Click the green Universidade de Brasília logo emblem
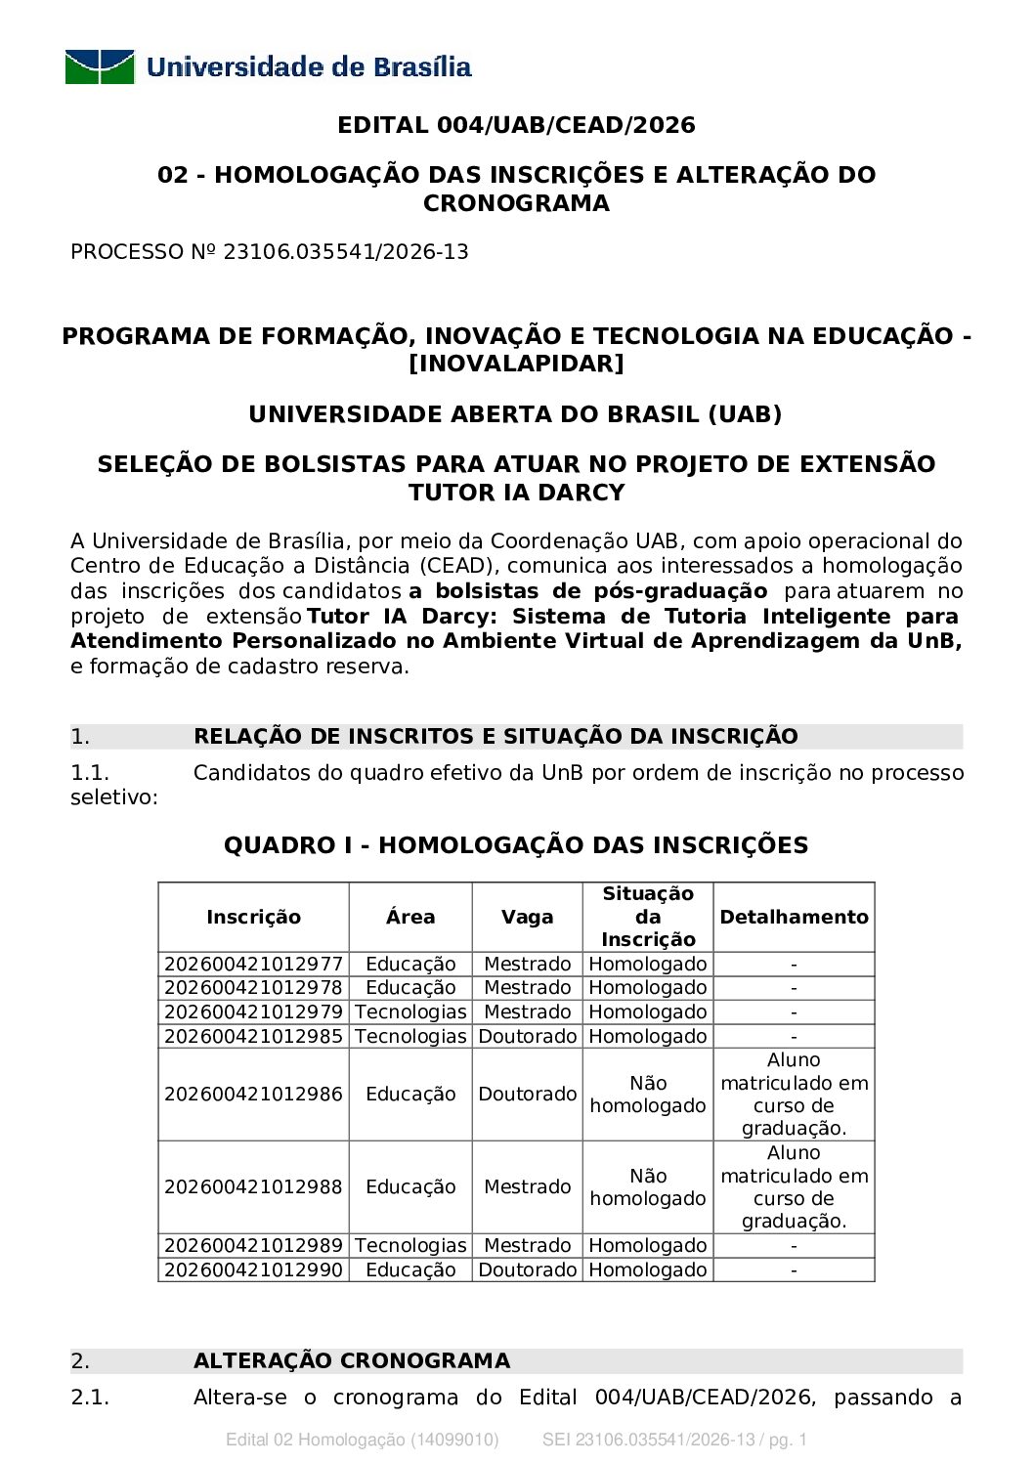tap(100, 66)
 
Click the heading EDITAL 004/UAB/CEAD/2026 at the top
tap(516, 125)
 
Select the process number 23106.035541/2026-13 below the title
tap(346, 252)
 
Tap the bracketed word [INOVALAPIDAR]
tap(516, 364)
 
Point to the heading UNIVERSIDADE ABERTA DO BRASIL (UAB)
tap(516, 414)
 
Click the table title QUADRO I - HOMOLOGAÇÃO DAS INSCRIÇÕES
tap(516, 845)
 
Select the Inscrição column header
tap(253, 917)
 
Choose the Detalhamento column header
tap(794, 917)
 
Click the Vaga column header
tap(527, 917)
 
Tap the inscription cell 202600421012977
tap(253, 965)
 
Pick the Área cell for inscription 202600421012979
tap(410, 1012)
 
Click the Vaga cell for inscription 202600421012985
tap(527, 1037)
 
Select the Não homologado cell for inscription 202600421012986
tap(648, 1095)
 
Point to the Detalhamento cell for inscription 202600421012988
tap(794, 1186)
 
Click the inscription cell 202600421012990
tap(253, 1270)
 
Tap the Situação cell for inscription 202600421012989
tap(648, 1246)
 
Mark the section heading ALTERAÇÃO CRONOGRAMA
tap(352, 1361)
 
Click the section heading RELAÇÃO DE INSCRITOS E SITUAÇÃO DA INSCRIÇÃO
tap(495, 737)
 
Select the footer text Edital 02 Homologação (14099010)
tap(363, 1440)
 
